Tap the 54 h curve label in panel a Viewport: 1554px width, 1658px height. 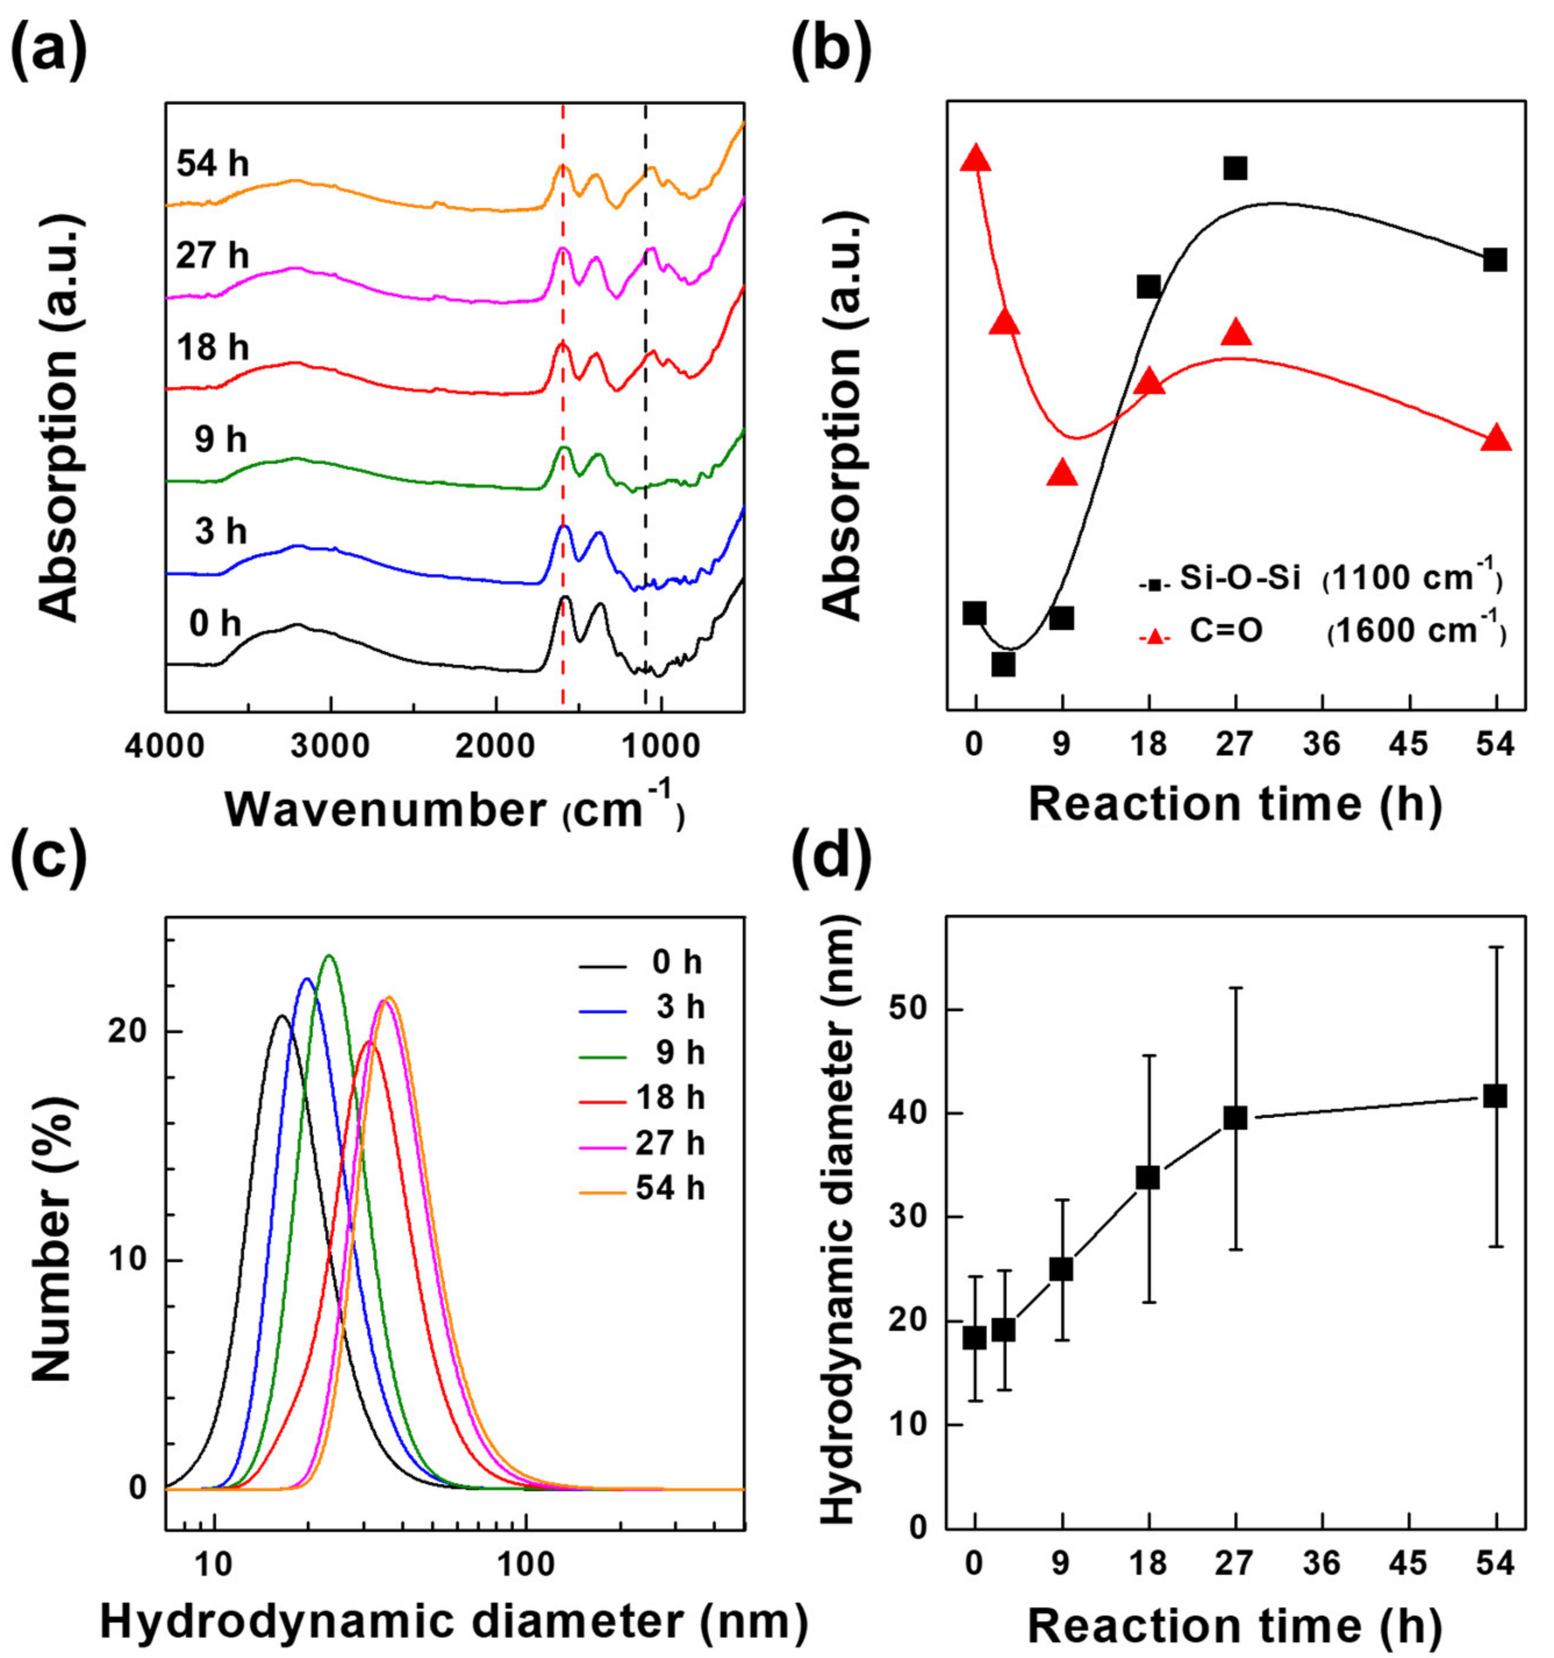[212, 164]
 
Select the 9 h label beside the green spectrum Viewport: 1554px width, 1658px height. [221, 439]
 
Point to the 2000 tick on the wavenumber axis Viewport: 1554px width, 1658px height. [496, 745]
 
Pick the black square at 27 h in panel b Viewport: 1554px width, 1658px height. [1236, 167]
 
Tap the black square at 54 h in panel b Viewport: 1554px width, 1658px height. [1495, 259]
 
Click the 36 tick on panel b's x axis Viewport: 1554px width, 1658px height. [1322, 745]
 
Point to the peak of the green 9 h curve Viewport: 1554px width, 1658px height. [330, 956]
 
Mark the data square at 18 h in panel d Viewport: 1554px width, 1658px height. [1148, 1177]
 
